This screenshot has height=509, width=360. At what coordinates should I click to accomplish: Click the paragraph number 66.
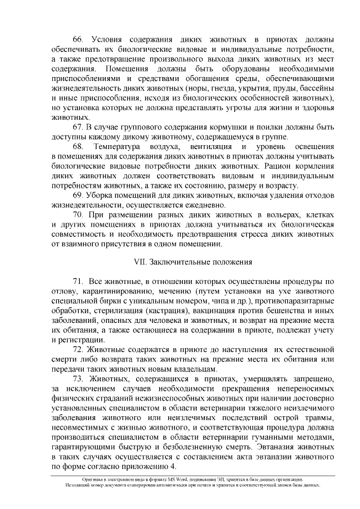point(79,40)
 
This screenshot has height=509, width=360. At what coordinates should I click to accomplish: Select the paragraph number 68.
point(79,147)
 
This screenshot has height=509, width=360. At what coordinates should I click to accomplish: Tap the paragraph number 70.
point(79,214)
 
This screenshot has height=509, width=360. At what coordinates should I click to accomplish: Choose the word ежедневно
point(200,205)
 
